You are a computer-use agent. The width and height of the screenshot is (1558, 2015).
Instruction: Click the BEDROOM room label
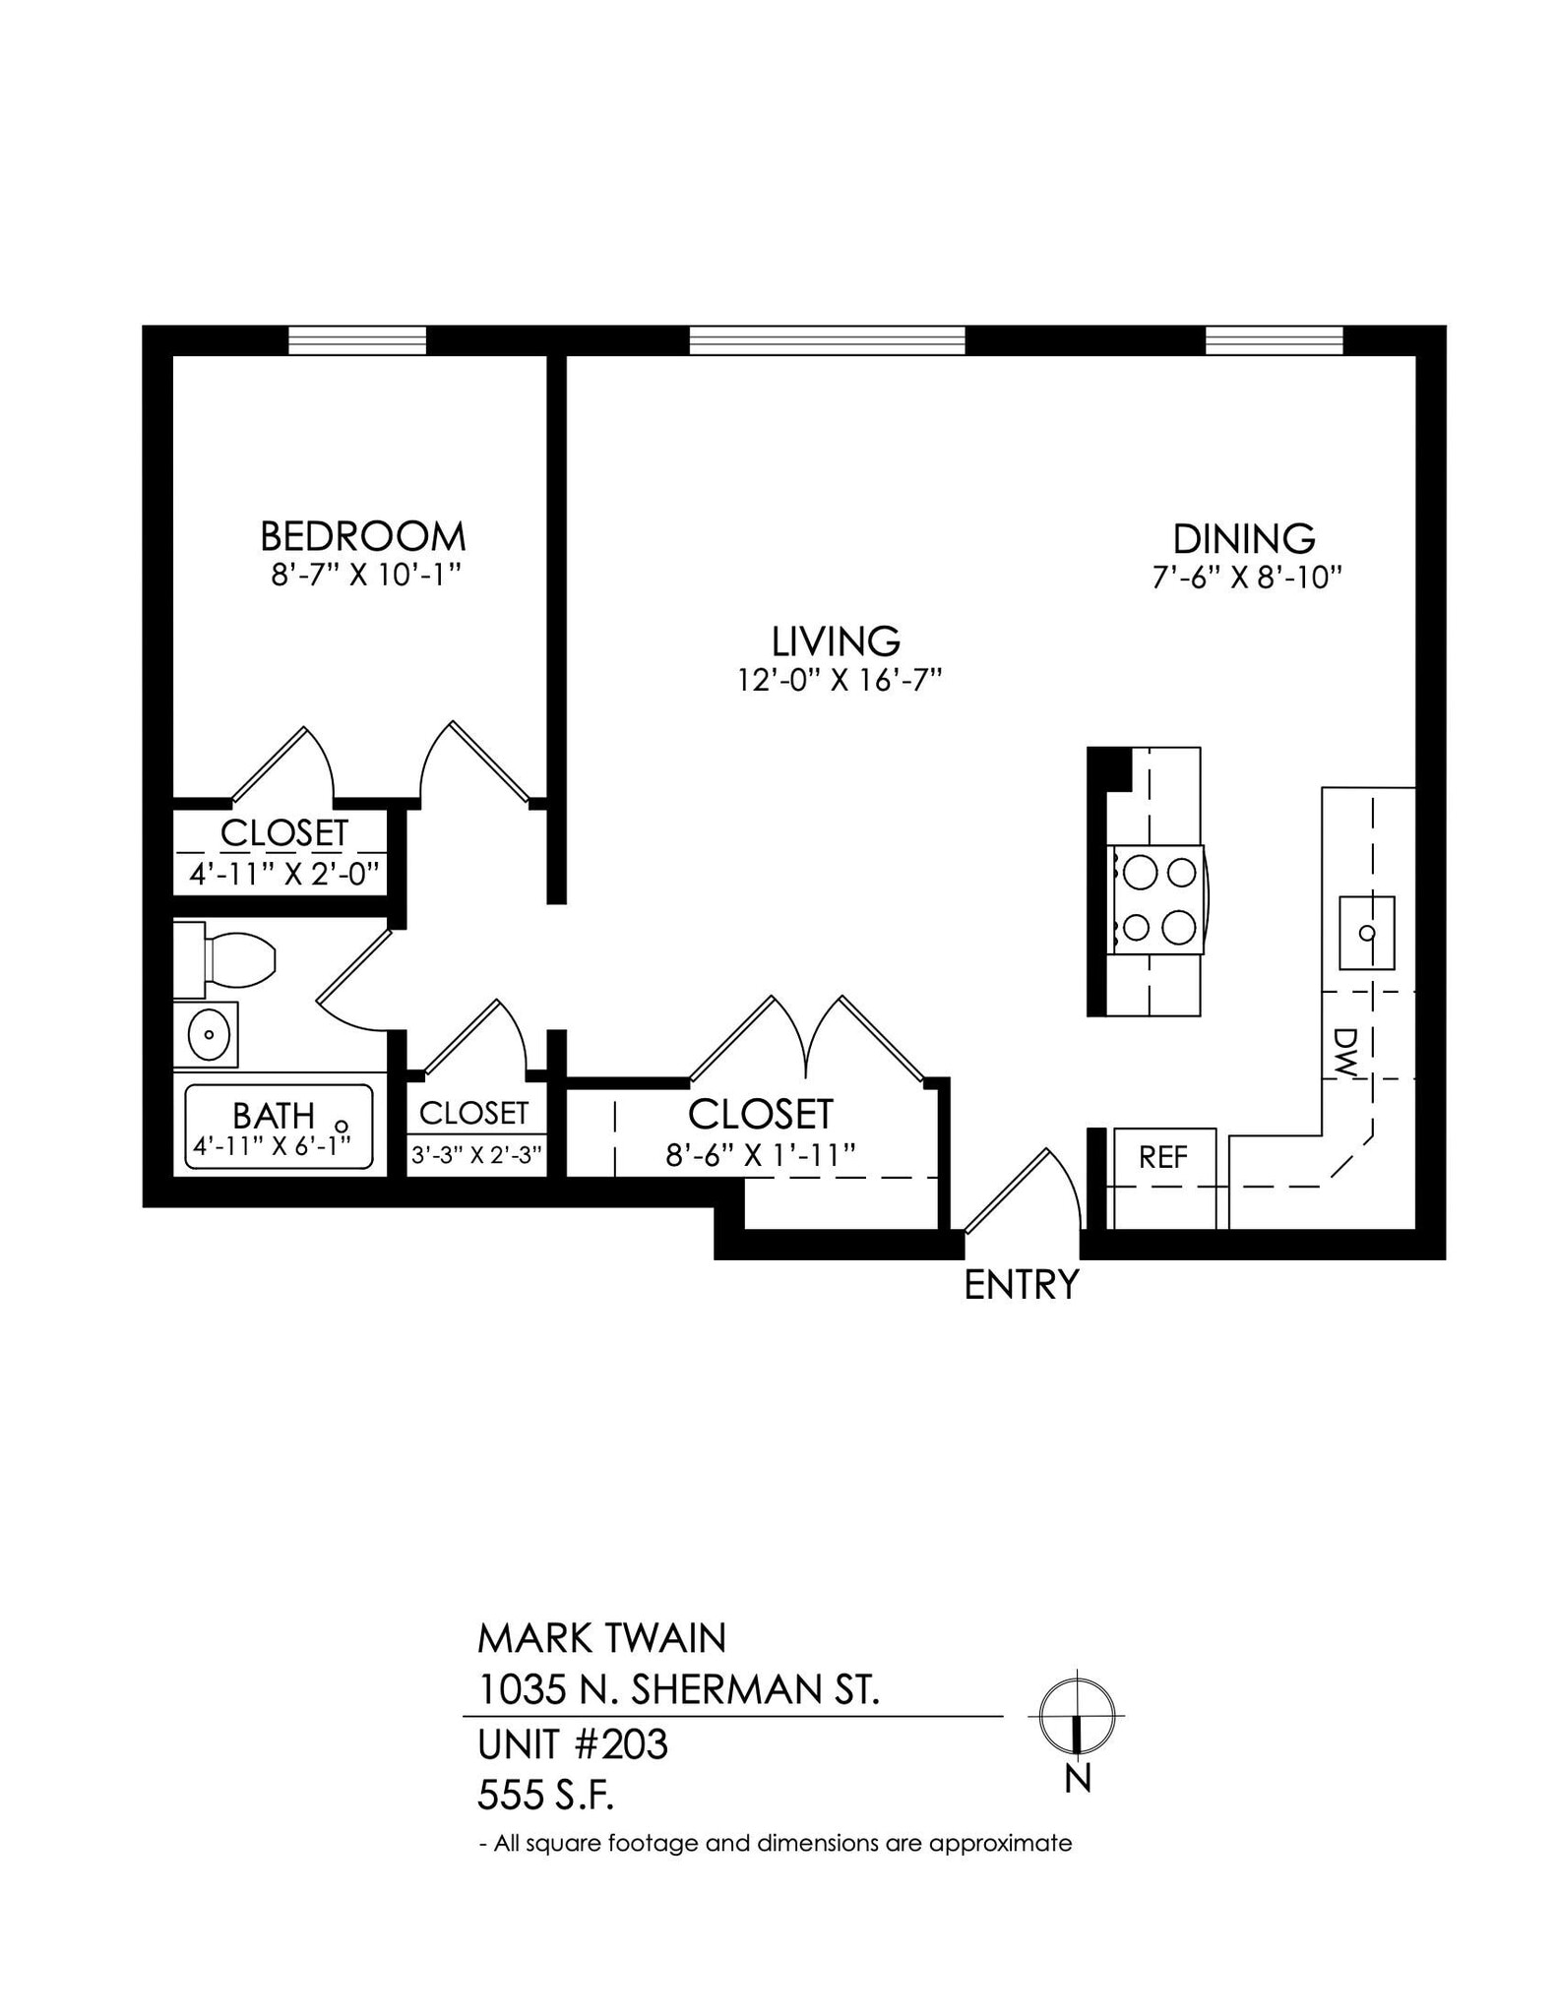click(362, 536)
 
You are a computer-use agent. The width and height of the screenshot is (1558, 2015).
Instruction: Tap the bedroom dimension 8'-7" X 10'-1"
click(366, 575)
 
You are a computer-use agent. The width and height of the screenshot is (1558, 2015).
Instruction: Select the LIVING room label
click(836, 641)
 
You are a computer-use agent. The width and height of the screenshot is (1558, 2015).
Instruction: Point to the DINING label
click(1244, 539)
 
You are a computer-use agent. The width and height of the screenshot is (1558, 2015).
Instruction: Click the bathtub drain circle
click(342, 1126)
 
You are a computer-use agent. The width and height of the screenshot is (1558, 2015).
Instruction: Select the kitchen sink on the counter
click(1366, 932)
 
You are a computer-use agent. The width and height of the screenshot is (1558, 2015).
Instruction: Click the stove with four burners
click(1157, 900)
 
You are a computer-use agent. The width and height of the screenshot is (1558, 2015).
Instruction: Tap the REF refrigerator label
click(1162, 1157)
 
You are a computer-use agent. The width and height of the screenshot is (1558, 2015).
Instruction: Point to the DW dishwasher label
click(1344, 1053)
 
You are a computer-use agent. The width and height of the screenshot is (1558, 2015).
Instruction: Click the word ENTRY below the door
click(1022, 1285)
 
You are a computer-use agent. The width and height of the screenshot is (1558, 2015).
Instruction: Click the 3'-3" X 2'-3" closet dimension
click(476, 1154)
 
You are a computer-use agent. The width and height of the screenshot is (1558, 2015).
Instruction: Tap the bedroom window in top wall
click(356, 340)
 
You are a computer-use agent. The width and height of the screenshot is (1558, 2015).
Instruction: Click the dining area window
click(1274, 340)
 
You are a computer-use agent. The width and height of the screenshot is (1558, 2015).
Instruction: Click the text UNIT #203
click(572, 1744)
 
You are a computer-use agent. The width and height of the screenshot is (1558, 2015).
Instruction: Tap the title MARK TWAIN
click(601, 1638)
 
